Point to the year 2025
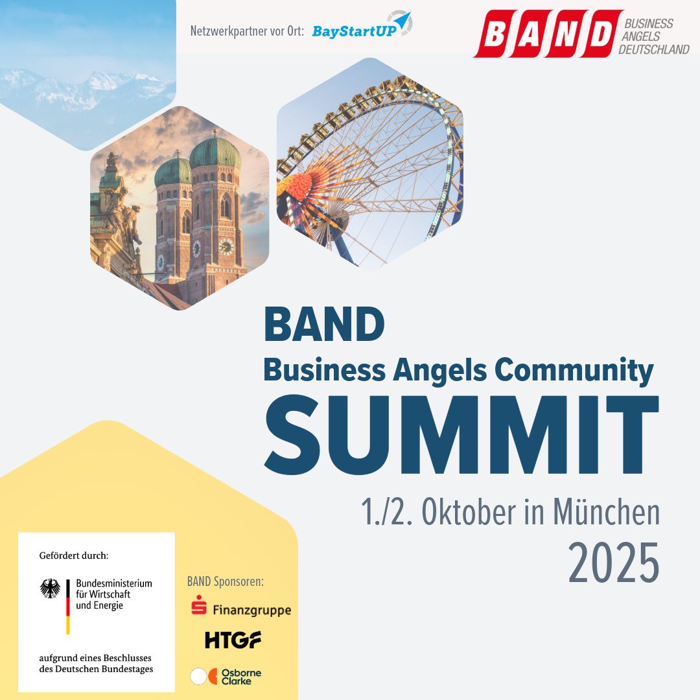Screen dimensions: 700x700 613,564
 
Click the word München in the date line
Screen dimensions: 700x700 606,513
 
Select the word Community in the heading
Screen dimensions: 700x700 573,370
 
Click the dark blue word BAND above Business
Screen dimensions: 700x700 324,325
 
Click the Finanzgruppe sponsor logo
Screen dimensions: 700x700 240,609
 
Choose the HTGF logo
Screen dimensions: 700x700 233,640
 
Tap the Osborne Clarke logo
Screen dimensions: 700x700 226,676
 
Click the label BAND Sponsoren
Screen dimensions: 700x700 225,581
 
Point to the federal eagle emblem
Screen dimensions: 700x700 50,589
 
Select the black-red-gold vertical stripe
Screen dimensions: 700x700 67,607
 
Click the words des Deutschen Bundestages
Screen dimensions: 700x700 96,669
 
